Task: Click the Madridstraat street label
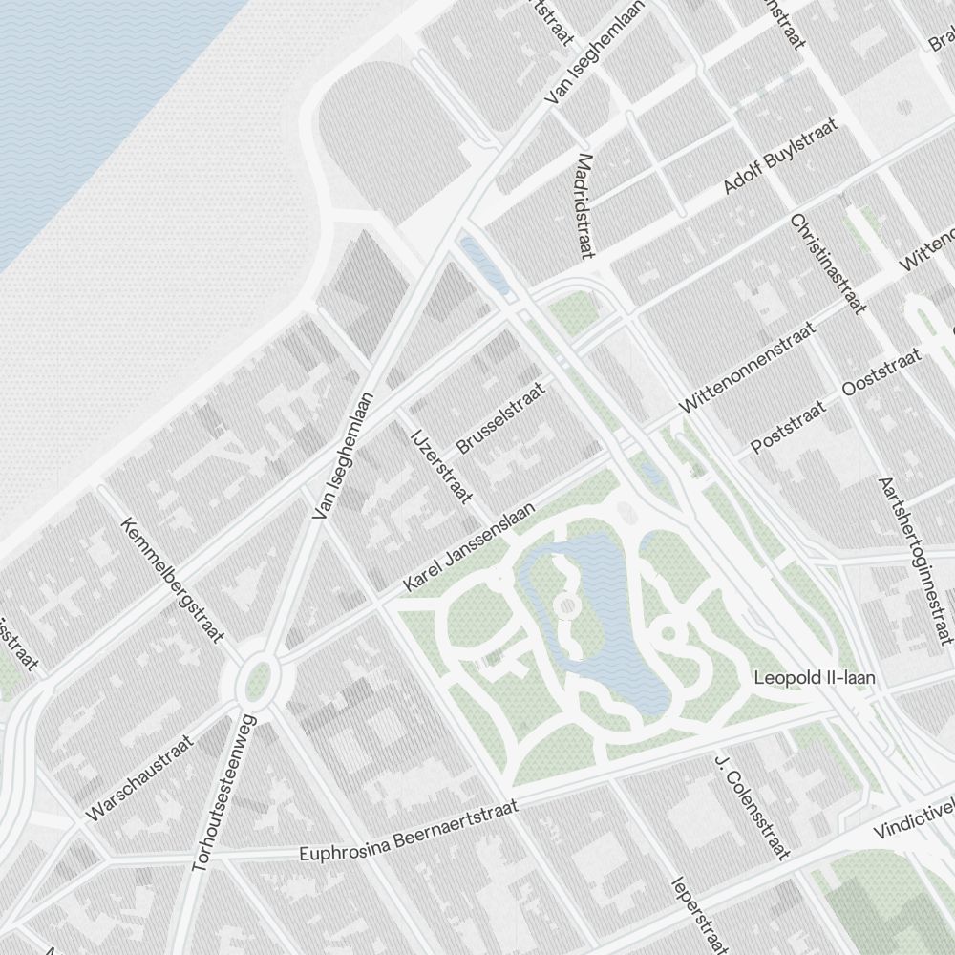pyautogui.click(x=585, y=206)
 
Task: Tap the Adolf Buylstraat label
pyautogui.click(x=780, y=157)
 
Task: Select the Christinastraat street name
pyautogui.click(x=827, y=264)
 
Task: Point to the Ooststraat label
pyautogui.click(x=882, y=373)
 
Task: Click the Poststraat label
pyautogui.click(x=787, y=429)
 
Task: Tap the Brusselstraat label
pyautogui.click(x=500, y=418)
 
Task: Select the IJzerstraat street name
pyautogui.click(x=441, y=465)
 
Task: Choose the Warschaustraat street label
pyautogui.click(x=139, y=778)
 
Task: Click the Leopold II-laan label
pyautogui.click(x=814, y=678)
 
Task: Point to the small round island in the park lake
pyautogui.click(x=566, y=606)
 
